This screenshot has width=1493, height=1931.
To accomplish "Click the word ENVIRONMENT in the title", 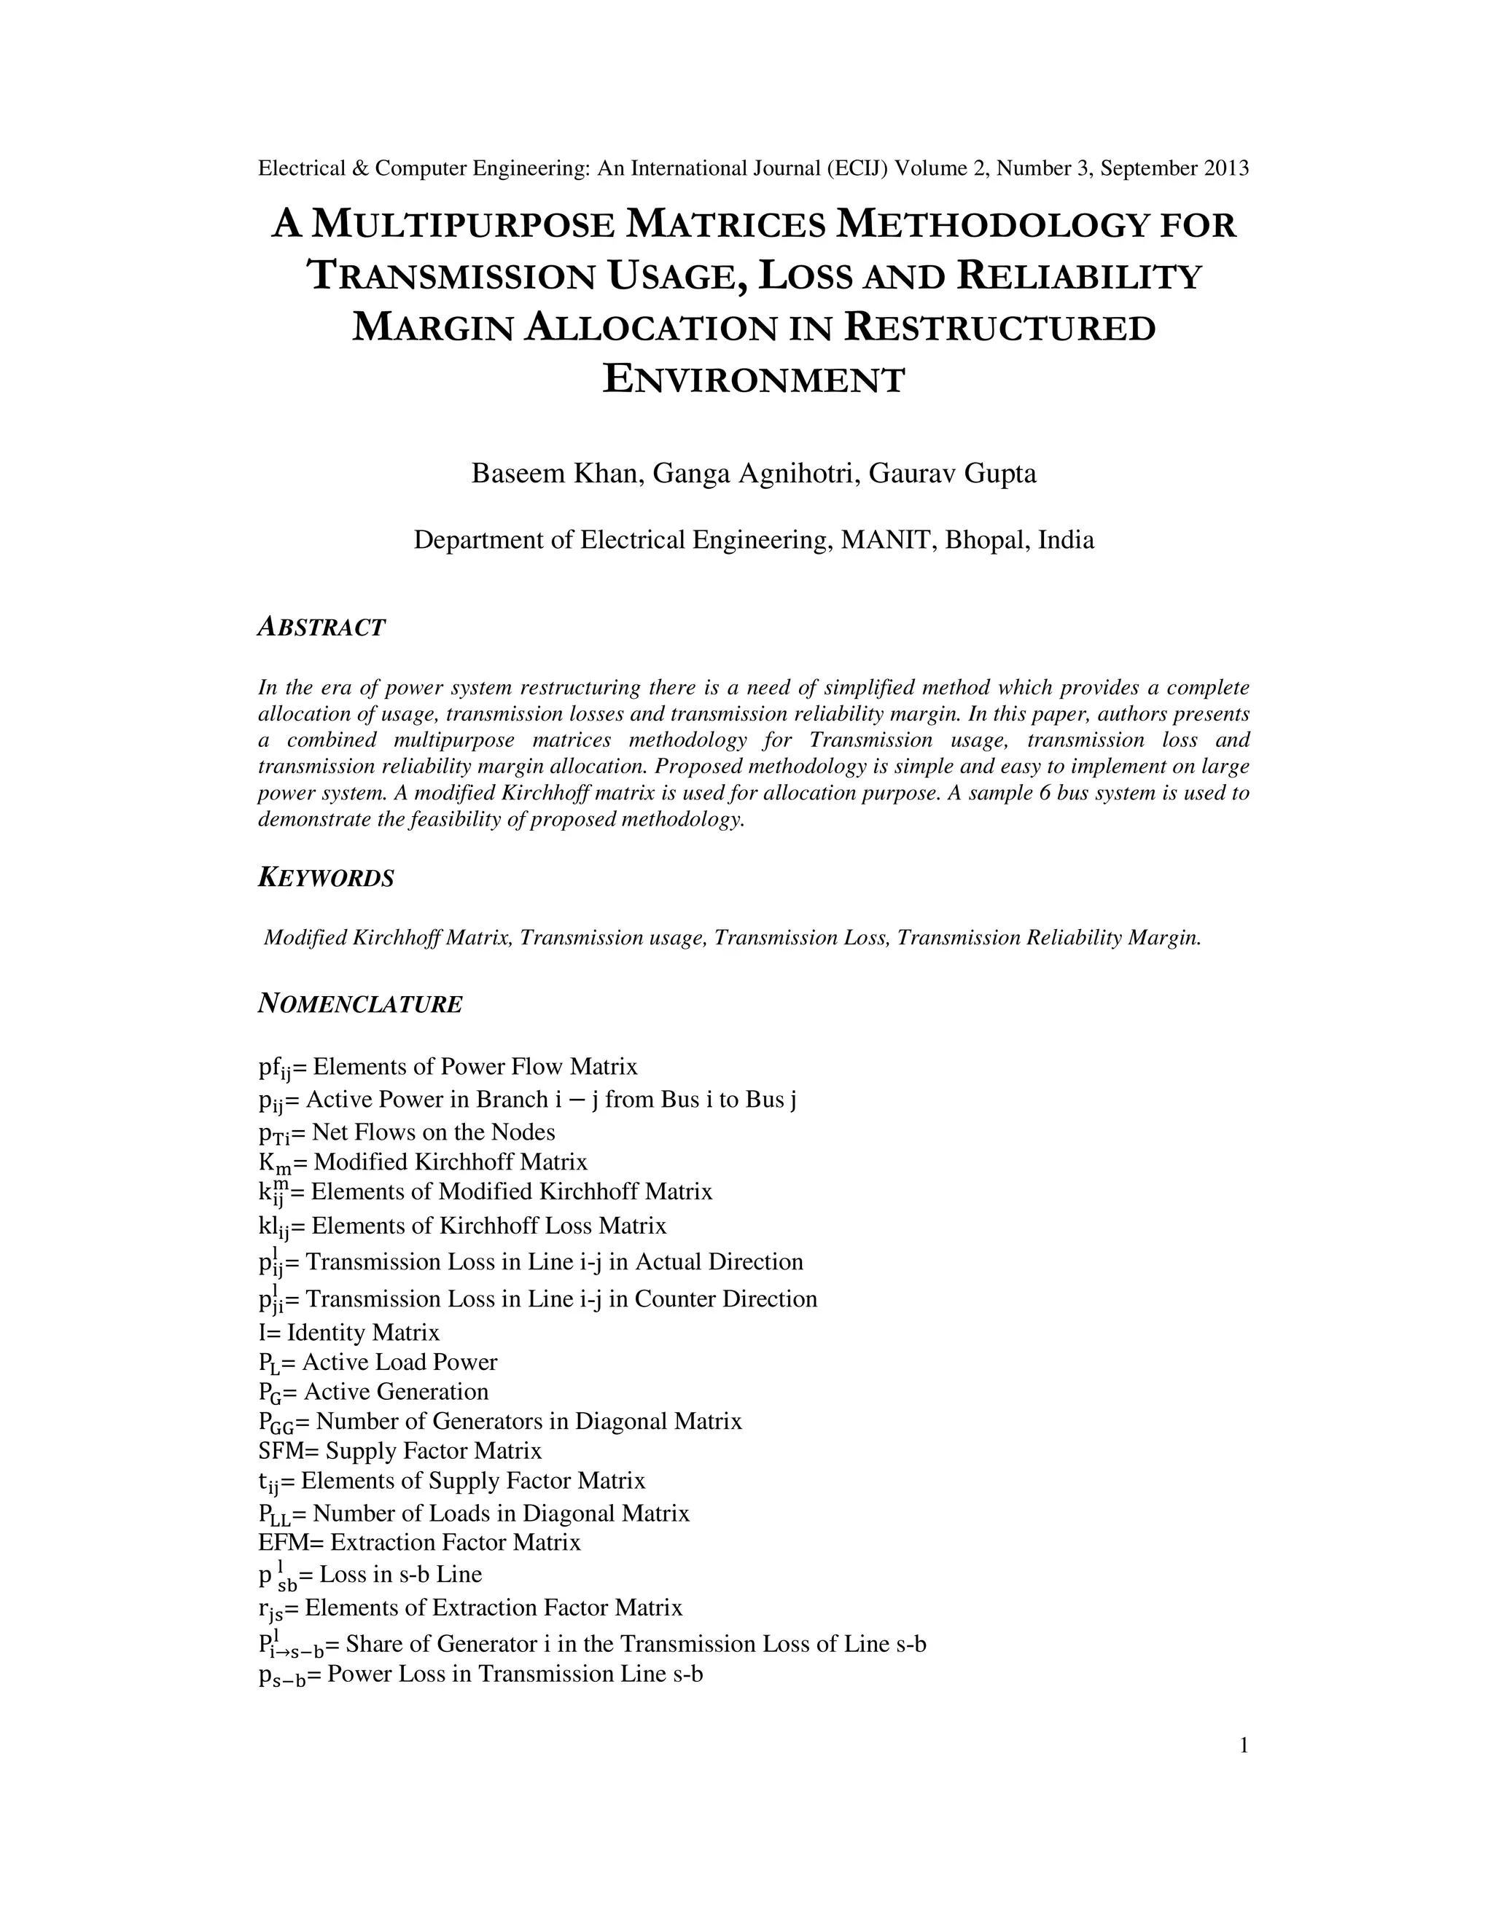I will tap(754, 380).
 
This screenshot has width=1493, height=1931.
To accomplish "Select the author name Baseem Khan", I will tap(554, 474).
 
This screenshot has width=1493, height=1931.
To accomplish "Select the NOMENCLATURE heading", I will tap(360, 1004).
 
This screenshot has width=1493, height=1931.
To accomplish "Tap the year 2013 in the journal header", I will tap(1227, 168).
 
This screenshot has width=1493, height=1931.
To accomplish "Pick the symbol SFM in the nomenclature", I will tap(281, 1451).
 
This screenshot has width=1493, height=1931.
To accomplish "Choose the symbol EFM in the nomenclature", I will tap(283, 1543).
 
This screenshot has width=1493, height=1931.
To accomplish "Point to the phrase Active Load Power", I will tap(399, 1363).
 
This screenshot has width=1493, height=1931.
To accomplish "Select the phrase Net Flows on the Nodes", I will tap(434, 1132).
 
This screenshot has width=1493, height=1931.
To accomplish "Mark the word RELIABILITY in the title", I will tap(1079, 276).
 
